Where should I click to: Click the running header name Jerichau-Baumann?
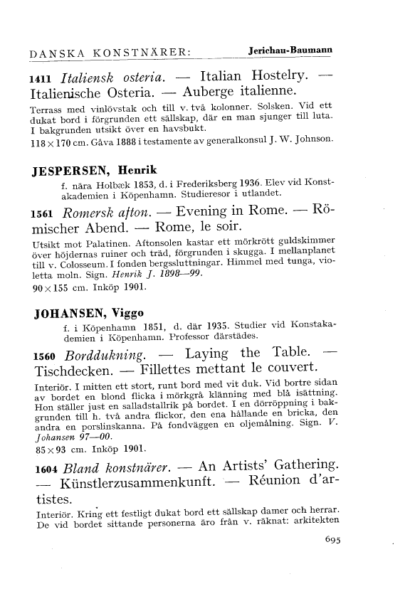tap(292, 51)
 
